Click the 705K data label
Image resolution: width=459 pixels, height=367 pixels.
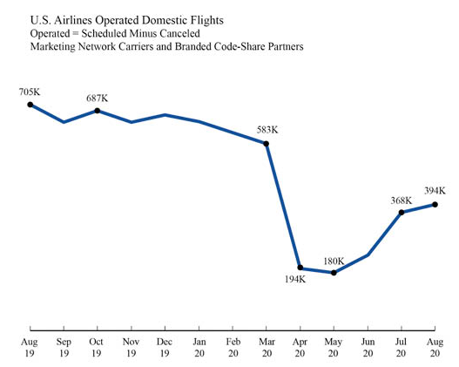click(30, 92)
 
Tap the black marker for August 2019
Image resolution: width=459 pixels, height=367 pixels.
click(30, 105)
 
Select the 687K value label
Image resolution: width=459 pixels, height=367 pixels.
click(98, 99)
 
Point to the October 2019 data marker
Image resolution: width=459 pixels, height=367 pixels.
click(98, 111)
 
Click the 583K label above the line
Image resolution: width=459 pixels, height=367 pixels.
click(267, 130)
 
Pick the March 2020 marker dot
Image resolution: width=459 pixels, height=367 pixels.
click(267, 144)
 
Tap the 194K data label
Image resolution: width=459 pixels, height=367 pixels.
click(295, 280)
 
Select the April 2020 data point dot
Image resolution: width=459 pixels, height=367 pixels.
click(300, 268)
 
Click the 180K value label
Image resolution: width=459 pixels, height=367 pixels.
click(334, 261)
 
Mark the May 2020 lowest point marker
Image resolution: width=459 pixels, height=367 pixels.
click(334, 273)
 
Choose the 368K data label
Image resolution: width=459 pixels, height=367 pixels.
click(402, 200)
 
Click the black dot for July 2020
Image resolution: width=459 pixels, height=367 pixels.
click(402, 213)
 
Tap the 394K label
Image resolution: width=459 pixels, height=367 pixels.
click(435, 191)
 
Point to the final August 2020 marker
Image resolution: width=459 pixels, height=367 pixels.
click(435, 205)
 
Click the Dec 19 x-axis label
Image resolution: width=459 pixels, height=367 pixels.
click(165, 348)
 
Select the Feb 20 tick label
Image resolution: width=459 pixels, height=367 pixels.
click(233, 348)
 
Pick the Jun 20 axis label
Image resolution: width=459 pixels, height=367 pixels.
click(368, 348)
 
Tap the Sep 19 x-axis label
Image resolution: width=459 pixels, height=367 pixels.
click(64, 348)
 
